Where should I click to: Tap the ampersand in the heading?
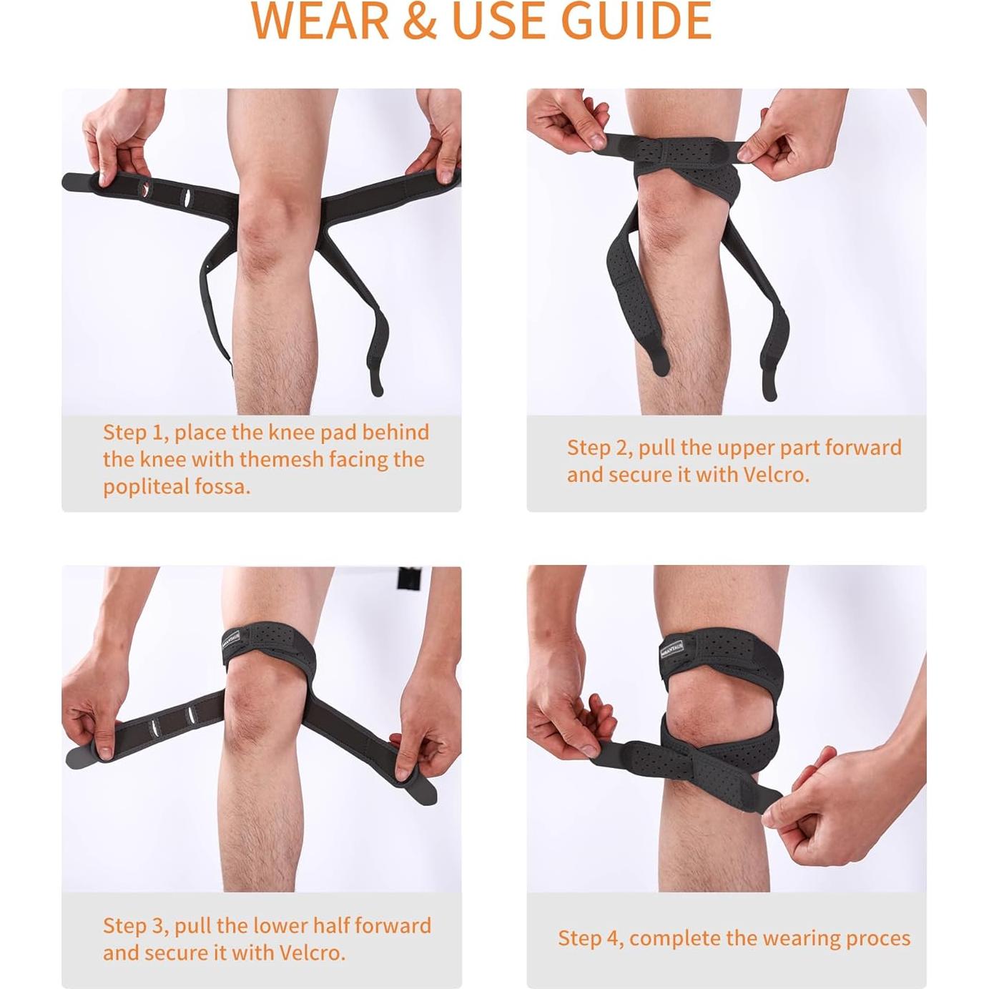[420, 21]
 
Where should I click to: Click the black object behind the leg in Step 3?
[408, 578]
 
